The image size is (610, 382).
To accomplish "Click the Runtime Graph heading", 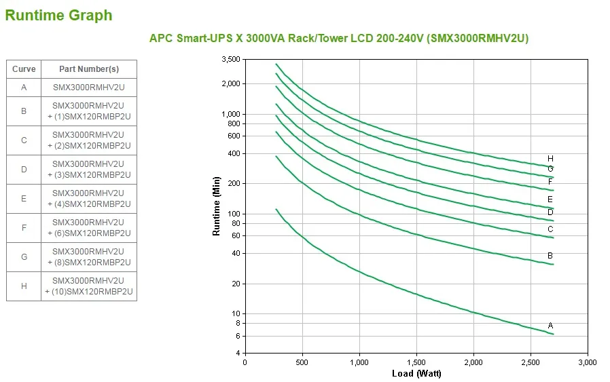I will click(x=58, y=16).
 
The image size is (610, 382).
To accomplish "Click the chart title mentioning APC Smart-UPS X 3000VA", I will click(x=338, y=38).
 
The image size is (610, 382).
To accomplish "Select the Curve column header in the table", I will click(x=24, y=69).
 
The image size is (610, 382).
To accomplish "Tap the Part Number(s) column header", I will click(x=88, y=69).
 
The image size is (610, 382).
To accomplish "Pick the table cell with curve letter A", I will click(x=24, y=88).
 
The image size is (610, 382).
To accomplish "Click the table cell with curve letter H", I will click(x=24, y=286).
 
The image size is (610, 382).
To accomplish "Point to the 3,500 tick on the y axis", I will click(x=231, y=60).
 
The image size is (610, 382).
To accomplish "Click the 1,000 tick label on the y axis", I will click(x=231, y=114).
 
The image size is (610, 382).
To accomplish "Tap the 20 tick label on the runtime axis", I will click(x=236, y=284).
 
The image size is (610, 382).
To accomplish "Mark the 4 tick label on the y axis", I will click(x=238, y=354).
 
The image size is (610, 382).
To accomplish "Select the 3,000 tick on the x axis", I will click(x=587, y=363).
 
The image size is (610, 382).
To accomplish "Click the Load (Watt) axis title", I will click(x=416, y=374).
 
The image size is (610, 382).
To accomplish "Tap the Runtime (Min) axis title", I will click(x=217, y=206).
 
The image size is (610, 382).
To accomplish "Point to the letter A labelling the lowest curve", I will click(x=550, y=326).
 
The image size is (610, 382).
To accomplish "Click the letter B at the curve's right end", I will click(x=550, y=256).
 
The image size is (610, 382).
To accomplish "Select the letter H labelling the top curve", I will click(x=550, y=159).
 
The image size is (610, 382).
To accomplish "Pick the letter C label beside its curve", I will click(x=550, y=229).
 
